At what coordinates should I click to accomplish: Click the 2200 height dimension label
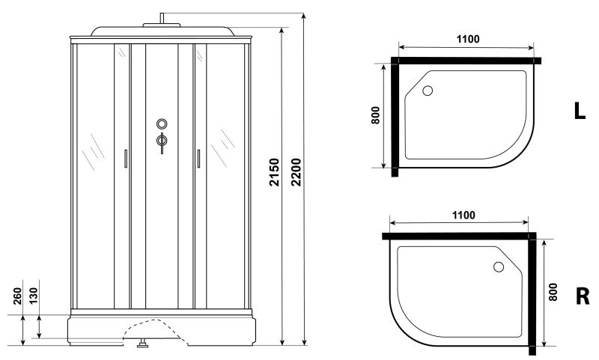tap(296, 172)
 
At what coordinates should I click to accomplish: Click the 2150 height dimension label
tap(274, 172)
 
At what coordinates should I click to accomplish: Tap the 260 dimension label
tap(17, 296)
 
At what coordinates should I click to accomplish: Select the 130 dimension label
tap(34, 296)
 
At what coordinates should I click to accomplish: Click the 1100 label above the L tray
tap(468, 39)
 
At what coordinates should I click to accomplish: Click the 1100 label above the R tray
tap(463, 216)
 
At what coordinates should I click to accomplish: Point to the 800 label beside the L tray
tap(376, 115)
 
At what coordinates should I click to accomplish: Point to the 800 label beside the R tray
tap(553, 292)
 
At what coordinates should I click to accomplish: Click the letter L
tap(580, 111)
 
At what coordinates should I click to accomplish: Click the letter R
tap(583, 296)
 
